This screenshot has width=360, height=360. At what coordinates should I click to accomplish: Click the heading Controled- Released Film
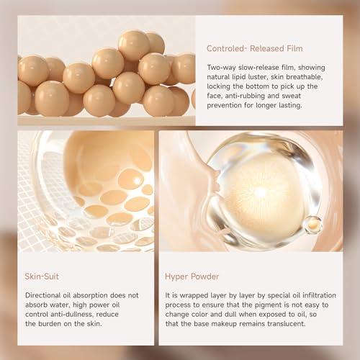coord(254,48)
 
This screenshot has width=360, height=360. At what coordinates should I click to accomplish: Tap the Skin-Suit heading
coord(42,276)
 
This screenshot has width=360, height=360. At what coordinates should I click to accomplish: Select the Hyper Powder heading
coord(192,276)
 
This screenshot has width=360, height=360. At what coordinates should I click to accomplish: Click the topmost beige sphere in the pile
coord(134,45)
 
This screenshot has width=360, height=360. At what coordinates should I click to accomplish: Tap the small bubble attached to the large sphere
coord(313,225)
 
